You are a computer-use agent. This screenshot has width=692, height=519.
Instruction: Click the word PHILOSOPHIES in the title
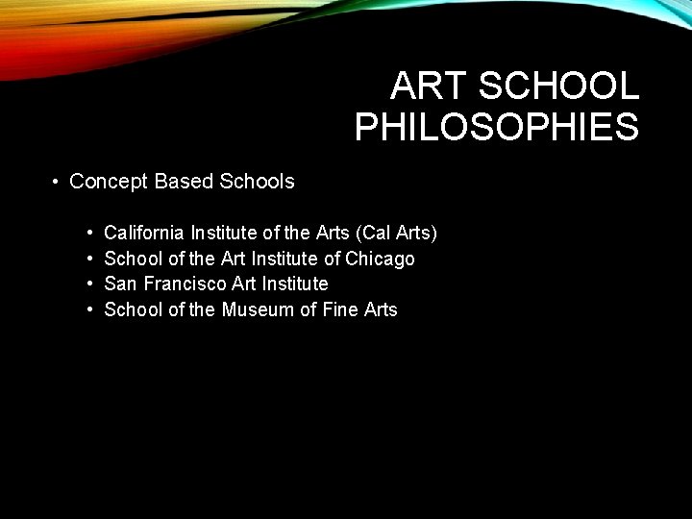tap(496, 127)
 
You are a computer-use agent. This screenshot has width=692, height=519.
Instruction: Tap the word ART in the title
tap(429, 86)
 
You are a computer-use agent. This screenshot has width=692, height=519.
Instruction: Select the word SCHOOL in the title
tap(558, 86)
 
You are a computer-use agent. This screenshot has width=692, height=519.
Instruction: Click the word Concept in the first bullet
tap(109, 181)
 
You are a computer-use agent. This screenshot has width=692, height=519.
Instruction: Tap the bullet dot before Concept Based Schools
tap(58, 182)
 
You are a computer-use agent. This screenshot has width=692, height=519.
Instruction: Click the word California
tap(144, 233)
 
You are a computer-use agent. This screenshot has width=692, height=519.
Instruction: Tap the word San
tap(119, 284)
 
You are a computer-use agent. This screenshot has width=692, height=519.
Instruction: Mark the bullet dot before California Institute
tap(88, 234)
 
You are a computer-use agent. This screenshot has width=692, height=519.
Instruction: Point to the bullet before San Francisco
tap(88, 284)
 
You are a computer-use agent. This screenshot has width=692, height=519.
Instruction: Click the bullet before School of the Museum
tap(88, 310)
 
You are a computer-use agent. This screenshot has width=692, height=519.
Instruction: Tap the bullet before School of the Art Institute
tap(88, 259)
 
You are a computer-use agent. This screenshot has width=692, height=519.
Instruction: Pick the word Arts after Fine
tap(381, 309)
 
